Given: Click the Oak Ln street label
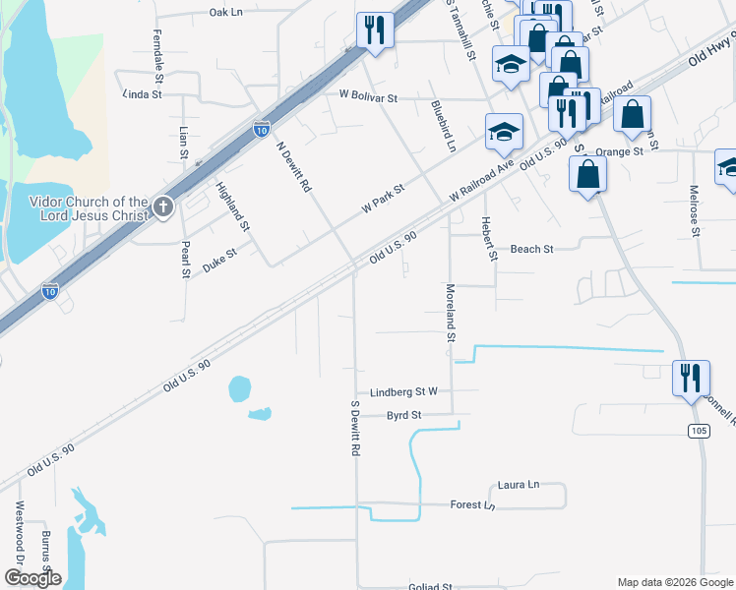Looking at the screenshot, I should pyautogui.click(x=225, y=12).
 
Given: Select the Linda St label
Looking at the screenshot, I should pyautogui.click(x=142, y=95).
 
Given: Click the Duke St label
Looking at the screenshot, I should pyautogui.click(x=219, y=260).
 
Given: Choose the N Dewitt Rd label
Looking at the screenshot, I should pyautogui.click(x=293, y=166).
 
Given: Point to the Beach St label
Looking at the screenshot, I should pyautogui.click(x=531, y=250).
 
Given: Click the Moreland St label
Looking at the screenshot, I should pyautogui.click(x=451, y=313).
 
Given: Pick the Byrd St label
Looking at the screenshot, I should pyautogui.click(x=403, y=416).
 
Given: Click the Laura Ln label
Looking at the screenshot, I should pyautogui.click(x=519, y=485).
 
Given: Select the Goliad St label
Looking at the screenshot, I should pyautogui.click(x=430, y=586).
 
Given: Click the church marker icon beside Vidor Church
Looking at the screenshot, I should pyautogui.click(x=163, y=207).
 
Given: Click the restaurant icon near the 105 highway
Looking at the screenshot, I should pyautogui.click(x=690, y=377).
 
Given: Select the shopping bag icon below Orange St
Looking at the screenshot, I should pyautogui.click(x=587, y=174).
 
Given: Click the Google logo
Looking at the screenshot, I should pyautogui.click(x=31, y=578).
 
